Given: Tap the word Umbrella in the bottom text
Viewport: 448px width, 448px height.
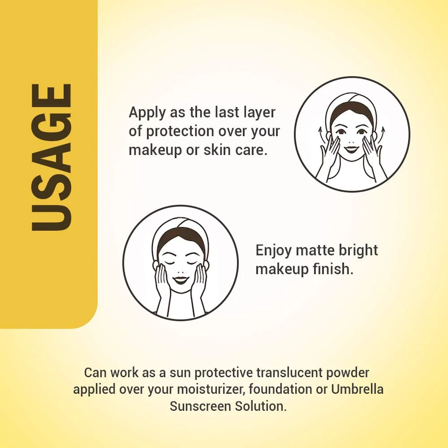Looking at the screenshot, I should pos(357,389).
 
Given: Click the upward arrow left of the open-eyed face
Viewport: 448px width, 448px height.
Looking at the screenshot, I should pos(320,133).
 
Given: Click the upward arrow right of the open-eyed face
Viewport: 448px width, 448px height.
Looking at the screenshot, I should pos(383,133).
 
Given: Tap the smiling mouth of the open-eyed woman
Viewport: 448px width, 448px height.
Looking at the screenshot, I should pos(352,148).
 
